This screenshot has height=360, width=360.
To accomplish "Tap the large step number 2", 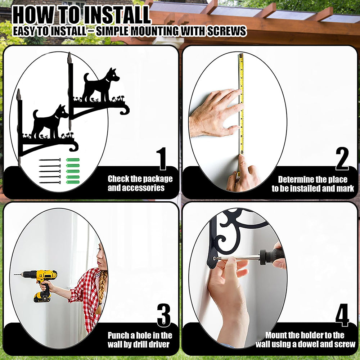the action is [x=342, y=159].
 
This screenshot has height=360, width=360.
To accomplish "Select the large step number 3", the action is [x=164, y=315].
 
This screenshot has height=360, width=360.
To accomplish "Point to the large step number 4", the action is [x=342, y=315].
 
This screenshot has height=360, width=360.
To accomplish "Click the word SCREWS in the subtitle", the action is [x=226, y=31].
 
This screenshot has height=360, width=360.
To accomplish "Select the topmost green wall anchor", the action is [x=73, y=160].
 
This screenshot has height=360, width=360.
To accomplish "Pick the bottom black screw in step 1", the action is [x=50, y=183].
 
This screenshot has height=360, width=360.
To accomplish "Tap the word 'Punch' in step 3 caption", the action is [x=118, y=336].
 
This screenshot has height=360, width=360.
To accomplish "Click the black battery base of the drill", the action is [x=42, y=297].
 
